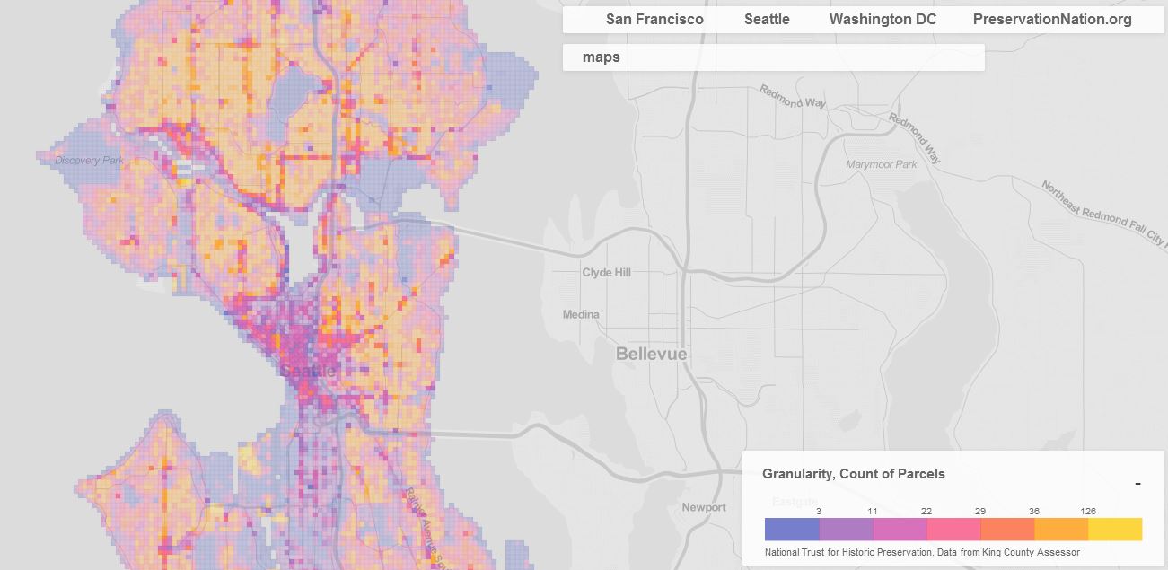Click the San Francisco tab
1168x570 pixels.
click(654, 20)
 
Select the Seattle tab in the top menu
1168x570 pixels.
click(767, 20)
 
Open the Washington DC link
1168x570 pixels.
click(883, 20)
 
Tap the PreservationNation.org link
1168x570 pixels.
click(1051, 20)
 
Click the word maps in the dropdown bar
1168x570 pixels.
click(601, 57)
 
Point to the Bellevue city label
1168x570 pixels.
click(651, 355)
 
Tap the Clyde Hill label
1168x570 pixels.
click(606, 273)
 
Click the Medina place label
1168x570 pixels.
click(581, 315)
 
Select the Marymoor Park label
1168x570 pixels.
click(882, 165)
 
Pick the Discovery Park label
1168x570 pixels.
click(89, 161)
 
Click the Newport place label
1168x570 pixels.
click(704, 508)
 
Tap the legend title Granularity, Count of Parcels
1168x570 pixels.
click(853, 474)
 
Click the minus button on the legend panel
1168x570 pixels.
click(1137, 484)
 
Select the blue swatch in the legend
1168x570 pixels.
click(792, 529)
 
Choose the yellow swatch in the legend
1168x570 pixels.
click(1115, 529)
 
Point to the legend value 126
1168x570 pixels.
click(1088, 512)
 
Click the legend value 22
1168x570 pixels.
click(926, 512)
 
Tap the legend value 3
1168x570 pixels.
click(819, 512)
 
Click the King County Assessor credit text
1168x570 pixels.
click(922, 552)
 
